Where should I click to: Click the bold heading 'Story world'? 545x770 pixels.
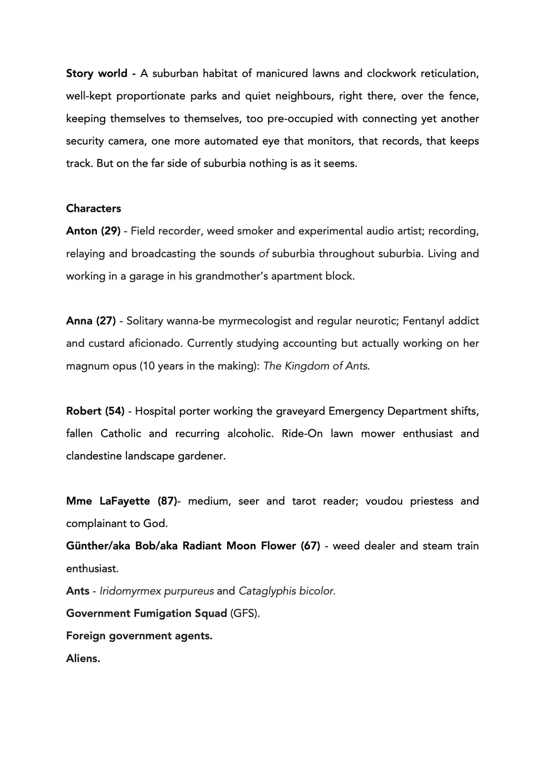[96, 74]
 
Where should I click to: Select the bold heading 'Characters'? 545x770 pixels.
[93, 209]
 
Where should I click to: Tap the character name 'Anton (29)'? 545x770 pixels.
[93, 231]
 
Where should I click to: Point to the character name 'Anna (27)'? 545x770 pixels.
[90, 321]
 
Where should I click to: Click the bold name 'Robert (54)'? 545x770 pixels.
[95, 411]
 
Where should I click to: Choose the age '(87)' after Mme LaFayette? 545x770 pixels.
[167, 501]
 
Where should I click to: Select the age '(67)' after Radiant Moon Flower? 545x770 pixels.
[310, 546]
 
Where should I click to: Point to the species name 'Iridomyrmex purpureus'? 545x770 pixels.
[156, 591]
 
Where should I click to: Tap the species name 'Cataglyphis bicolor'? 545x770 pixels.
[287, 591]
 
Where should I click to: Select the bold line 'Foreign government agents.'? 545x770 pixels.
[139, 635]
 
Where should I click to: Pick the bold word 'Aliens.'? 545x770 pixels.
[83, 658]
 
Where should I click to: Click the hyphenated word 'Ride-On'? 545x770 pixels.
[302, 433]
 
